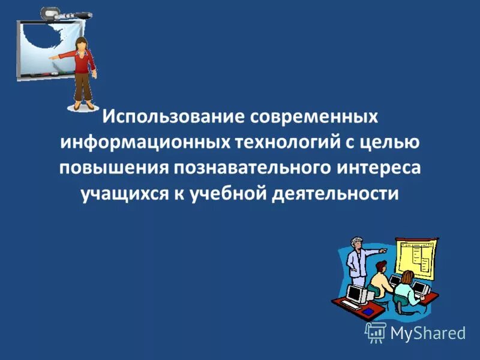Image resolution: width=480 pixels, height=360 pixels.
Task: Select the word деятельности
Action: point(336,194)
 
